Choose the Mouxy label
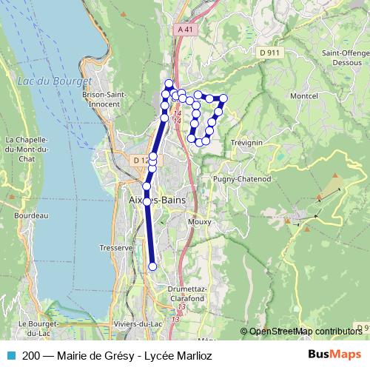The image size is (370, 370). pyautogui.click(x=200, y=221)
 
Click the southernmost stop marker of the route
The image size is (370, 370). pyautogui.click(x=153, y=266)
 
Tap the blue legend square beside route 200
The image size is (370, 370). pyautogui.click(x=8, y=355)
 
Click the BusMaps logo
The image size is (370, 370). pyautogui.click(x=334, y=355)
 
